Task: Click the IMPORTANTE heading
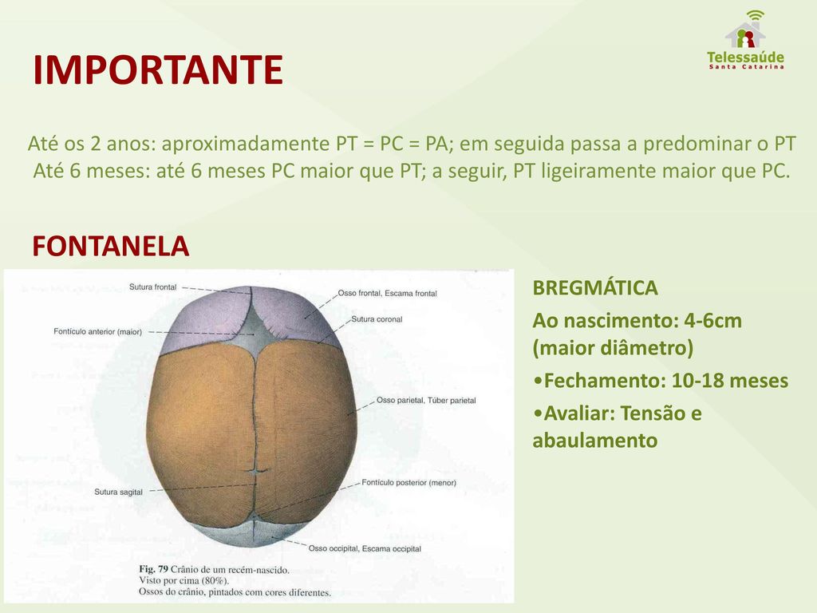point(158,70)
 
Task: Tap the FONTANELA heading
point(110,246)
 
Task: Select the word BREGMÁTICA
point(595,287)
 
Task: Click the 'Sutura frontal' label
point(152,287)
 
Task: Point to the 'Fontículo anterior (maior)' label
point(97,331)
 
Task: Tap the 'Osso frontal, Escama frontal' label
point(387,294)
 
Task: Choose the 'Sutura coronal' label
point(377,319)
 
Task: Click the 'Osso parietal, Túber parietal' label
point(426,401)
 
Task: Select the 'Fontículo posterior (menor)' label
point(409,483)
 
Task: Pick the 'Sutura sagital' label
point(118,492)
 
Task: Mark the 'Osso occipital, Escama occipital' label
point(365,548)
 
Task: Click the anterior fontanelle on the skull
point(255,334)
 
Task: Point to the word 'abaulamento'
point(595,441)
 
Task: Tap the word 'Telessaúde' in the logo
point(746,57)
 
